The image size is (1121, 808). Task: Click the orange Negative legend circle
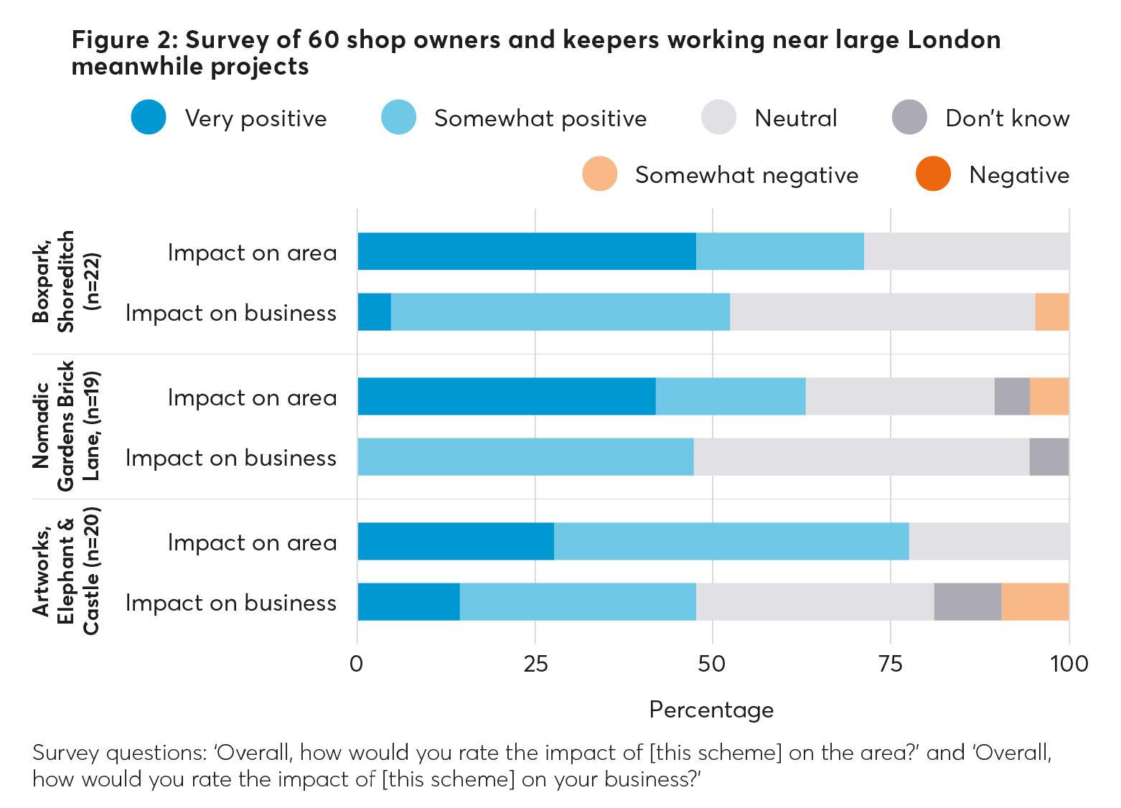[x=933, y=174]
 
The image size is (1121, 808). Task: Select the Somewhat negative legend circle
[x=600, y=174]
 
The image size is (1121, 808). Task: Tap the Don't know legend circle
[x=909, y=118]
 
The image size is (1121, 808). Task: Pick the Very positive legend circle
[x=149, y=118]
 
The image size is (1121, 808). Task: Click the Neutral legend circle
[x=719, y=118]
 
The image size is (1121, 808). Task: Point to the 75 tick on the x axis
[x=890, y=664]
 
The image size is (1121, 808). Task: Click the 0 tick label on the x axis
[x=357, y=664]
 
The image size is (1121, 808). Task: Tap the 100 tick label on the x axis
[x=1069, y=664]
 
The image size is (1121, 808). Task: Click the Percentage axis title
[x=711, y=710]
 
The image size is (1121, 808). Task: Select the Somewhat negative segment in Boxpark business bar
[x=1052, y=312]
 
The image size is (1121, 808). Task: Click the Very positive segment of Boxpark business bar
[x=374, y=312]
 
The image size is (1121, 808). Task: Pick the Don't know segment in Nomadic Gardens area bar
[x=1012, y=396]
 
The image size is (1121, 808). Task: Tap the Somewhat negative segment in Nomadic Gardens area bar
[x=1049, y=396]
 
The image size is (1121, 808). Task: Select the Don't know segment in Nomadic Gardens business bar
[x=1049, y=456]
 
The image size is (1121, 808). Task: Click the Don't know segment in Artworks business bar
[x=967, y=601]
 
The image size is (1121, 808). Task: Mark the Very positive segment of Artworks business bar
[x=408, y=601]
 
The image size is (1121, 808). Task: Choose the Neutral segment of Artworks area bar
[x=989, y=541]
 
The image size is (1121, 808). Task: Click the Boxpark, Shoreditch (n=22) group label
[x=67, y=281]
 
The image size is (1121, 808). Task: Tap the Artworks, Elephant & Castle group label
[x=67, y=571]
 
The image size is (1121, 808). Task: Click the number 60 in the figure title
[x=323, y=39]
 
